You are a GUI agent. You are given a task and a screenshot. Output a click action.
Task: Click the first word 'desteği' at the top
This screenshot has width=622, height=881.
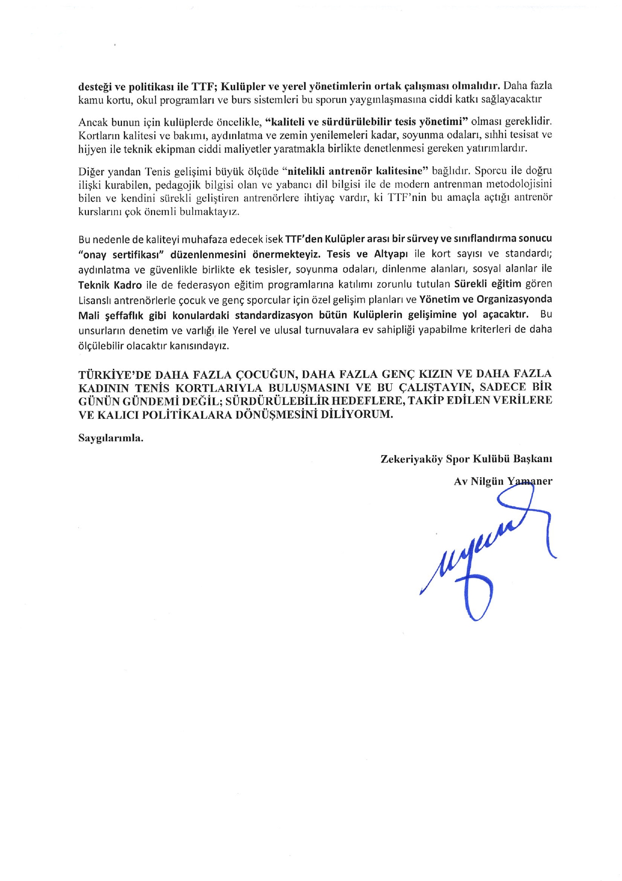pyautogui.click(x=96, y=86)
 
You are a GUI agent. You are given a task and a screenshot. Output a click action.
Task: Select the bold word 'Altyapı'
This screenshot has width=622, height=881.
pyautogui.click(x=391, y=254)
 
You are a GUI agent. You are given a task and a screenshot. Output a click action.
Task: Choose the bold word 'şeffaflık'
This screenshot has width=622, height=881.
pyautogui.click(x=124, y=315)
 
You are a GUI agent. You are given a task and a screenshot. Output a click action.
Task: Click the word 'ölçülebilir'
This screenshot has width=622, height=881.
pyautogui.click(x=100, y=346)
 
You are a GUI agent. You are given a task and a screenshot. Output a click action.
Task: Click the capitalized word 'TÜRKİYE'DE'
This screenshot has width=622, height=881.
pyautogui.click(x=115, y=375)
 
